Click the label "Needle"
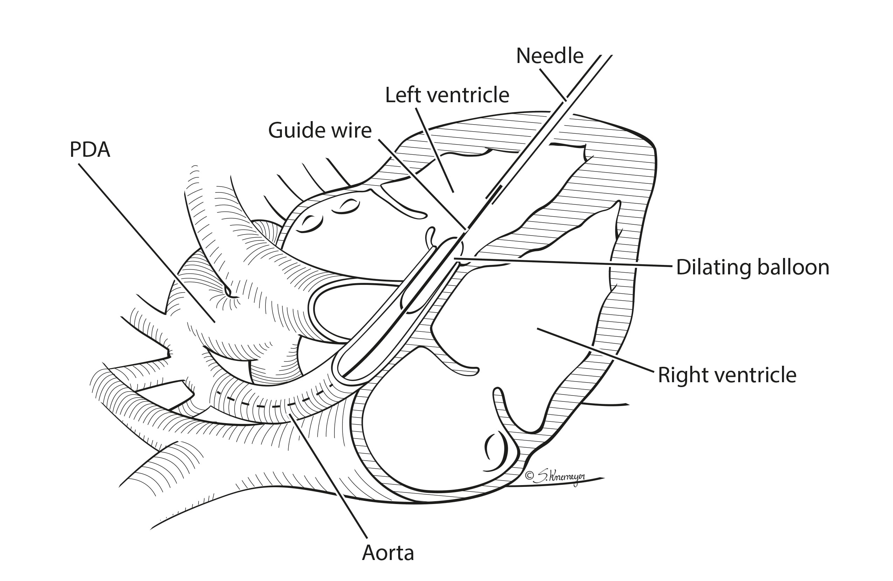coord(549,56)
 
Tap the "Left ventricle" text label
coord(447,95)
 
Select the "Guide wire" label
coord(320,131)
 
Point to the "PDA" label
coord(90,150)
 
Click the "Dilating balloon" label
coord(752,268)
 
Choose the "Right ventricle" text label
coord(727,375)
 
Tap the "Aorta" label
coord(388,553)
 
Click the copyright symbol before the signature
coord(529,476)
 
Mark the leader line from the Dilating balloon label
coord(563,262)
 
